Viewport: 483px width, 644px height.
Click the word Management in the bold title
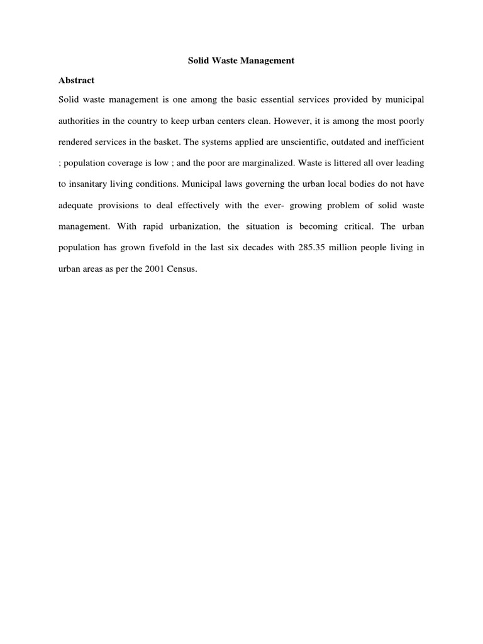[267, 61]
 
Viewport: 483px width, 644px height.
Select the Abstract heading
[76, 80]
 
